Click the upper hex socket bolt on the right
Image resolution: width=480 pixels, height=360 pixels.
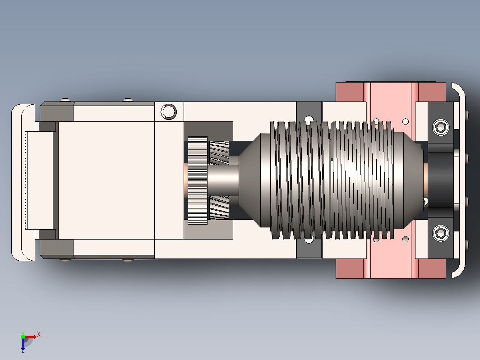click(x=441, y=127)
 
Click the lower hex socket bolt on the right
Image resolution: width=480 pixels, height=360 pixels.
click(x=441, y=233)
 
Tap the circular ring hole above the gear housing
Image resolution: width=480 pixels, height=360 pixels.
click(x=169, y=111)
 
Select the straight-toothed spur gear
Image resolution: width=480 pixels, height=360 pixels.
click(x=198, y=180)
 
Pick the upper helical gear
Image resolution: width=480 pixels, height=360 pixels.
click(x=219, y=152)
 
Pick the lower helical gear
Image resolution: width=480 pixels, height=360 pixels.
click(x=219, y=208)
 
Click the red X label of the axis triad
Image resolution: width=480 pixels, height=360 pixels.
click(x=39, y=334)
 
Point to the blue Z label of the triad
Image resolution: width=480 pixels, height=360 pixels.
click(x=23, y=351)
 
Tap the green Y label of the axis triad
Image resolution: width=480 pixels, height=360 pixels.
click(x=23, y=333)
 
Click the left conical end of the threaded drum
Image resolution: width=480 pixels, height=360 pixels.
click(x=250, y=180)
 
